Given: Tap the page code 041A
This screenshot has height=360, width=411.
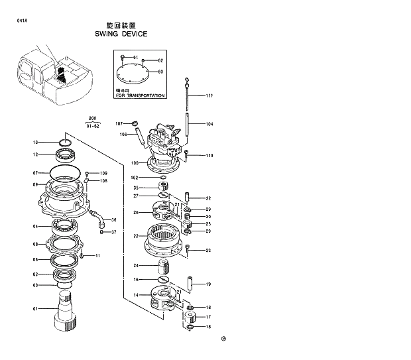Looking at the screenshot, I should tap(22, 21).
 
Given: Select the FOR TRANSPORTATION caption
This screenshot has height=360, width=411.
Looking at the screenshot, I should tap(139, 95).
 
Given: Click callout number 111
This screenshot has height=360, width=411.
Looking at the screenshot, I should tap(209, 96).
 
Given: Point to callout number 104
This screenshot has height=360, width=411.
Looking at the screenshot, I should tap(209, 124).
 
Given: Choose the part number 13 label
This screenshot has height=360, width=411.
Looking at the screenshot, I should tap(36, 142).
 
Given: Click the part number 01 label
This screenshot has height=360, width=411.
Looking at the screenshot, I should tap(35, 309).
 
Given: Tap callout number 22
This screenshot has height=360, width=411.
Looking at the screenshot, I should tap(135, 236).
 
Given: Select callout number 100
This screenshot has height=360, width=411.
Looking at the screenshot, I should tap(134, 163).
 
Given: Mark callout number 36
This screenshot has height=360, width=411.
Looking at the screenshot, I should tap(113, 220).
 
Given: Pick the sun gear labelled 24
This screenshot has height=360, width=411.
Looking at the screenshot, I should tap(164, 268).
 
